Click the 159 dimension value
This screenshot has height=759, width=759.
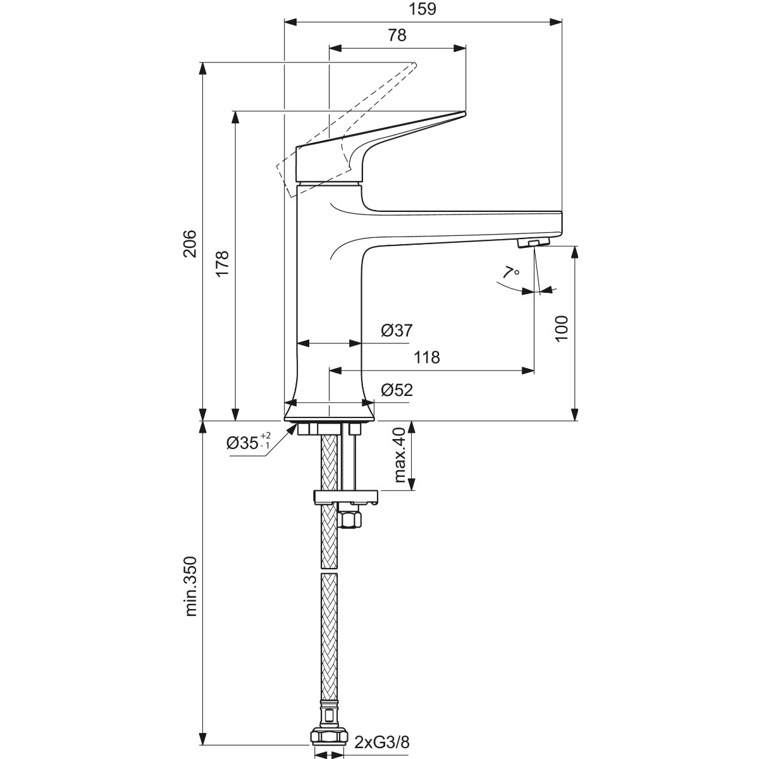coord(423,9)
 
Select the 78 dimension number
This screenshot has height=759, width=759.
coord(397,35)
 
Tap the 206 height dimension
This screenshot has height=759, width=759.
coord(190,244)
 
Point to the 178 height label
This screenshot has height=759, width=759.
coord(223,264)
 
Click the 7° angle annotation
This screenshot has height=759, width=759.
coord(512,272)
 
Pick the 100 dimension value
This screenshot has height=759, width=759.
coord(562,328)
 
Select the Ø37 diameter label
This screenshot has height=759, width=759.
coord(397,330)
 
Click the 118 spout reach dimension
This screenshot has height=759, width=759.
coord(427,357)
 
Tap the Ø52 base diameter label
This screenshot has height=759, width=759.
coord(397,390)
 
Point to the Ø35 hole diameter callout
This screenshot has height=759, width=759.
coord(249,443)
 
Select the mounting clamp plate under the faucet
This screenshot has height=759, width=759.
coord(345,498)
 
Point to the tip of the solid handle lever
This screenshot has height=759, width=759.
coord(465,113)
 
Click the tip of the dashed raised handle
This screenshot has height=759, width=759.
coord(415,63)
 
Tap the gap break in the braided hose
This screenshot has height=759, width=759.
coord(330,571)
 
